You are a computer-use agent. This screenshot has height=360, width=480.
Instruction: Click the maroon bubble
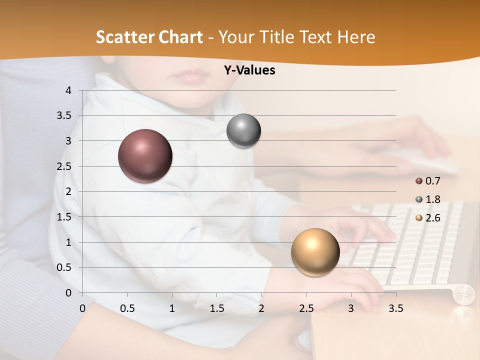pos(145,156)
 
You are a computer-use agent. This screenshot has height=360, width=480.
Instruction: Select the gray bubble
pos(243,131)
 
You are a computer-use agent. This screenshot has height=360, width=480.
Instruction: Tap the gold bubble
pos(315,252)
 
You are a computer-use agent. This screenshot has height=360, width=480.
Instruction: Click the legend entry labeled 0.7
pos(428,180)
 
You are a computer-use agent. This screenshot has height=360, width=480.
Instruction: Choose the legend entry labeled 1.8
pos(428,199)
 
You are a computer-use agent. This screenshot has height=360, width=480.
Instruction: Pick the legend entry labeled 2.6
pos(428,218)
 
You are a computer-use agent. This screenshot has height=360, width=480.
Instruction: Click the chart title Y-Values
pos(249,70)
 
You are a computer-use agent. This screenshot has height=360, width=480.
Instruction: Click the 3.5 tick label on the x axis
pos(395,309)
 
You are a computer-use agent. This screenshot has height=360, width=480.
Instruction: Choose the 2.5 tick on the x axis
pos(306,309)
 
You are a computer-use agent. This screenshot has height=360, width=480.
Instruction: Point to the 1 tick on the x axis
pos(172,309)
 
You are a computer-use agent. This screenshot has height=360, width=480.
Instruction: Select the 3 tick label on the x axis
pos(350,309)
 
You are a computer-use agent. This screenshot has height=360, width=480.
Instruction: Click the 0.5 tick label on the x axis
pos(127,309)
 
